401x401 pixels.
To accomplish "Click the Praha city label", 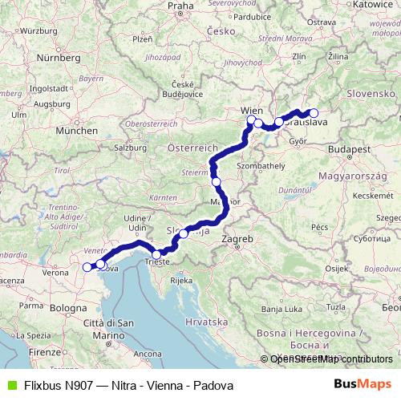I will point(181,6).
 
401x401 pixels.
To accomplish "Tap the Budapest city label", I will point(347,149).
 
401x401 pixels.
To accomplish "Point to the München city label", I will point(77,130).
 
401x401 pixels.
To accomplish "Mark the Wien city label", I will point(251,110).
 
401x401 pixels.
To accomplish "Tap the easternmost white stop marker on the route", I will point(314,113).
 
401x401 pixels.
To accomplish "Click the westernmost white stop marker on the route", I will point(87,267).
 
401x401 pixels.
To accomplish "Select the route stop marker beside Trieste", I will point(156,254).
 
